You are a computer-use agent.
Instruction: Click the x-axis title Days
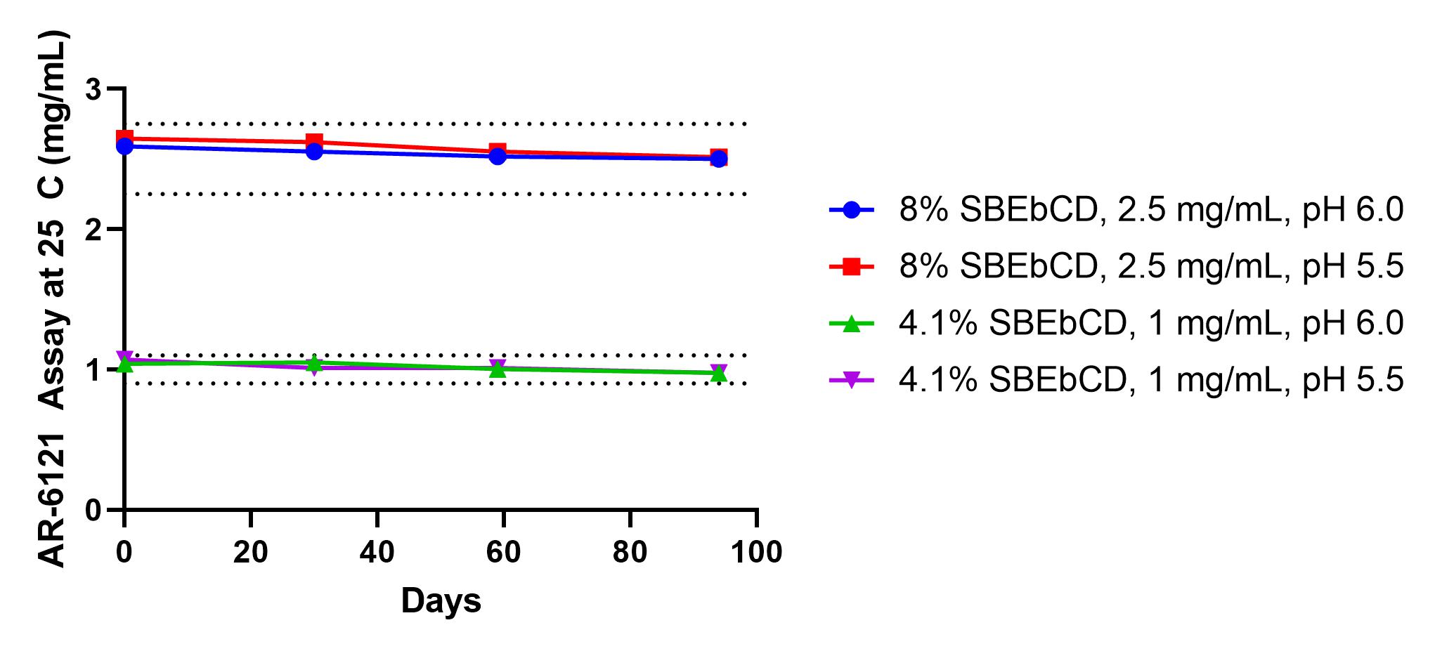[x=441, y=602]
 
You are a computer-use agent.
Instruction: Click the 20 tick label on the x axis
[x=251, y=553]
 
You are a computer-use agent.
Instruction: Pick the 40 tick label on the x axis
[x=377, y=553]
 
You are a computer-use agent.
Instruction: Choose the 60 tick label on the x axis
[x=504, y=553]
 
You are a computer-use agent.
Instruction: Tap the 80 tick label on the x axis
[x=630, y=553]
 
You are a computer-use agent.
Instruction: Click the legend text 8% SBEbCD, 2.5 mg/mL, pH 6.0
[x=1151, y=210]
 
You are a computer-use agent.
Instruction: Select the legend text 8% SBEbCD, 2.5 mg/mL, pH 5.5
[x=1151, y=267]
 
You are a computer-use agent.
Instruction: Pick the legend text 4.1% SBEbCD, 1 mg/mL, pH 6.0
[x=1151, y=323]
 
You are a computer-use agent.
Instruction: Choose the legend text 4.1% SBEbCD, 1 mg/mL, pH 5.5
[x=1151, y=380]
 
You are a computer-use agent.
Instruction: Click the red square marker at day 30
[x=314, y=142]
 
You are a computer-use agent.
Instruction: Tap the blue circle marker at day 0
[x=125, y=146]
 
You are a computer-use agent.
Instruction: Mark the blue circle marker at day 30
[x=314, y=151]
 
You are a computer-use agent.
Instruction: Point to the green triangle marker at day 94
[x=718, y=373]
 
